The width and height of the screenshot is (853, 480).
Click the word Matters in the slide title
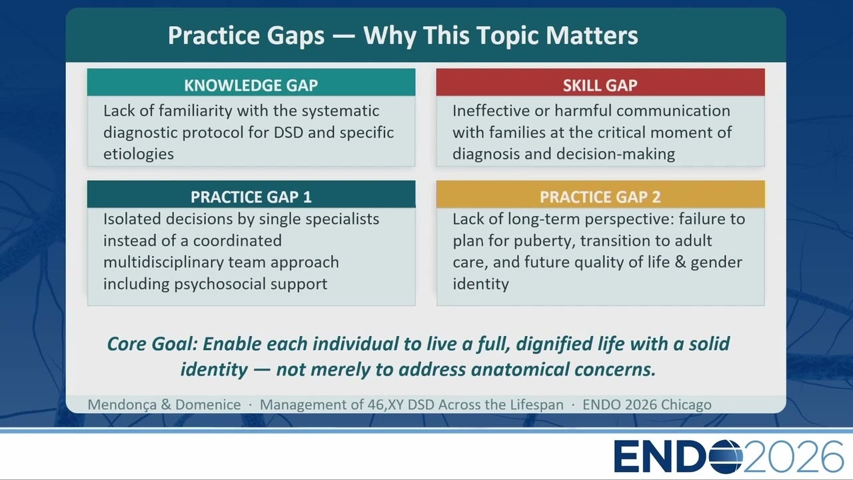pyautogui.click(x=592, y=35)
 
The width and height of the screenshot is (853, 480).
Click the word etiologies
pyautogui.click(x=139, y=154)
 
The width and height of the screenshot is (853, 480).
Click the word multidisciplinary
pyautogui.click(x=164, y=263)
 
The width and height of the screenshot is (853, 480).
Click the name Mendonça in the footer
pyautogui.click(x=123, y=405)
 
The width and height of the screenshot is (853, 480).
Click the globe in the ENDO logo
pyautogui.click(x=726, y=457)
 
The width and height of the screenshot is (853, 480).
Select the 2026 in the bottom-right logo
pyautogui.click(x=793, y=457)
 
